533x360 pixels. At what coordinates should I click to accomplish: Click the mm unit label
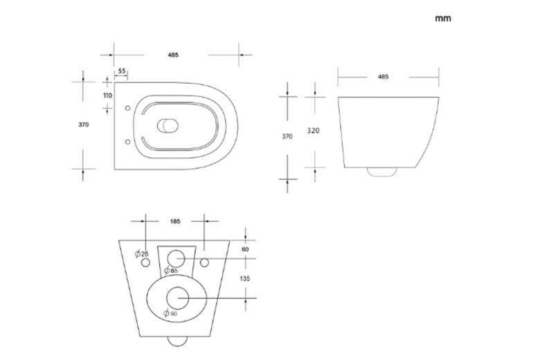(x=443, y=19)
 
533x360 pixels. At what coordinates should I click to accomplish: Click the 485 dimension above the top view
(x=173, y=55)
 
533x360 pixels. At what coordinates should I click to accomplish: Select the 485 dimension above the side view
(x=383, y=77)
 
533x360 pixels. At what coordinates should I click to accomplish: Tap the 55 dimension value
(x=122, y=71)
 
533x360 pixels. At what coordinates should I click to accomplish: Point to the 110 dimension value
(x=108, y=96)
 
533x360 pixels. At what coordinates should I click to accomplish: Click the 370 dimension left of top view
(x=84, y=125)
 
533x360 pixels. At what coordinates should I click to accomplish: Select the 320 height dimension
(x=313, y=131)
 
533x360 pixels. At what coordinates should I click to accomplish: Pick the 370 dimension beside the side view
(x=287, y=136)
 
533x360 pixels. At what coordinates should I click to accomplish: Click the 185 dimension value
(x=175, y=222)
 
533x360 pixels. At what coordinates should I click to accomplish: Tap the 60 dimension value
(x=245, y=249)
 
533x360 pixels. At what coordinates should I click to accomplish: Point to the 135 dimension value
(x=245, y=278)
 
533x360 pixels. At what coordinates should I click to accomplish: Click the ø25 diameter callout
(x=142, y=253)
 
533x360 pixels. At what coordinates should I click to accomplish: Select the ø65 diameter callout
(x=171, y=271)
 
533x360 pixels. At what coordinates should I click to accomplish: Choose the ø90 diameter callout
(x=170, y=314)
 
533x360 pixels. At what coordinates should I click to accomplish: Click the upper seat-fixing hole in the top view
(x=128, y=108)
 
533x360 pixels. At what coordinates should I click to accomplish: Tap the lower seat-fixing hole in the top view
(x=128, y=142)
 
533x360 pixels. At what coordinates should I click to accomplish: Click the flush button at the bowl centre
(x=168, y=125)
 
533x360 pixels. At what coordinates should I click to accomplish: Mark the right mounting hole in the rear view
(x=204, y=262)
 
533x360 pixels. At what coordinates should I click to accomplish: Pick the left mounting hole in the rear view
(x=146, y=262)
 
